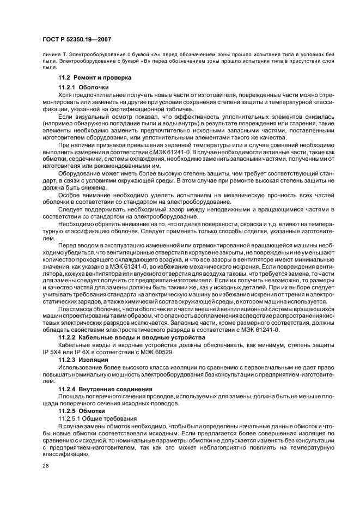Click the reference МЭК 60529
click(167, 353)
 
